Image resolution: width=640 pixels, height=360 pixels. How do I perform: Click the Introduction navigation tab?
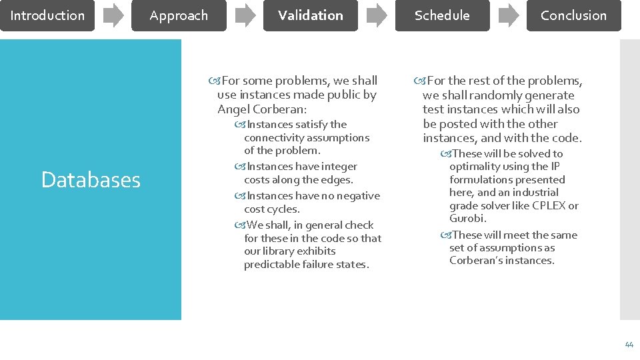(47, 15)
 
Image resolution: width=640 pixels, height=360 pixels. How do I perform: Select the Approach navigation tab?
(179, 15)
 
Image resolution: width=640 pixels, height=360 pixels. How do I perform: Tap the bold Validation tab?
(310, 15)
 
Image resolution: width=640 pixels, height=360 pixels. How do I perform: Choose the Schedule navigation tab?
(442, 15)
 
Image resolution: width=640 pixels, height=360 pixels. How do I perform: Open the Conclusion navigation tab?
(573, 15)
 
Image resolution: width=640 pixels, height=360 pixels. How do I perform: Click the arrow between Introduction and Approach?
(113, 15)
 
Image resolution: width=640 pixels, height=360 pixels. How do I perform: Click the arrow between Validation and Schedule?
(377, 15)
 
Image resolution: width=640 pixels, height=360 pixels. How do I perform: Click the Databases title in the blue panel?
(91, 179)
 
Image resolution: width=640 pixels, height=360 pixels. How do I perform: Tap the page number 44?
(629, 345)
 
